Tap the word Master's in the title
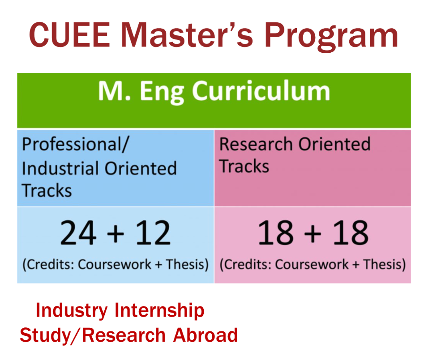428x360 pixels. click(x=187, y=34)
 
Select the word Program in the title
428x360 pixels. click(x=331, y=37)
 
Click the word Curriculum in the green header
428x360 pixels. click(x=261, y=91)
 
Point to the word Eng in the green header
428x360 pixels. click(x=162, y=93)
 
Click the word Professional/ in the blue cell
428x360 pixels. click(x=75, y=144)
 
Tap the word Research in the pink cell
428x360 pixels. click(x=256, y=144)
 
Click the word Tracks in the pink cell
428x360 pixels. click(x=244, y=166)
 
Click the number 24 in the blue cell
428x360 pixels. click(x=78, y=233)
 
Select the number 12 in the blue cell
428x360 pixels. click(x=153, y=233)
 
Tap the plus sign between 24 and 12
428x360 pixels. click(x=116, y=233)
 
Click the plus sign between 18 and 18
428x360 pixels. click(x=312, y=233)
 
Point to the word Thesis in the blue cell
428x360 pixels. click(x=188, y=265)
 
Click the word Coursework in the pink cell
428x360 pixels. click(x=312, y=265)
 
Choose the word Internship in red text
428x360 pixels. click(x=159, y=311)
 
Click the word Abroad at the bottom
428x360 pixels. click(x=205, y=335)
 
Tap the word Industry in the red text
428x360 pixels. click(x=72, y=311)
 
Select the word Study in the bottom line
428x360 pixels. click(x=45, y=336)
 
